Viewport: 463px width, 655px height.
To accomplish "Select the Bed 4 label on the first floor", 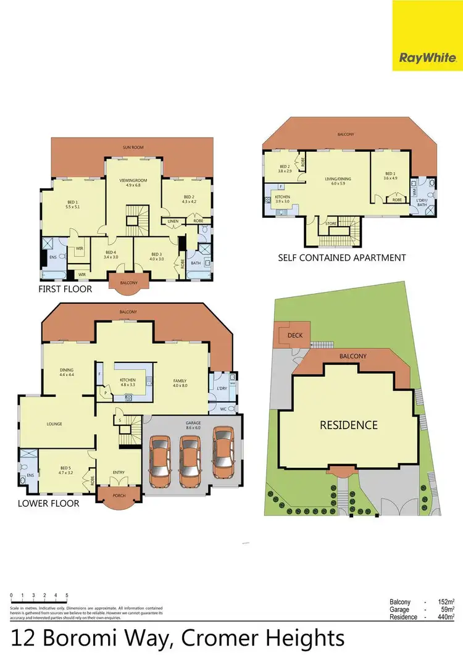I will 111,252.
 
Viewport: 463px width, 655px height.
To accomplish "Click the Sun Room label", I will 134,148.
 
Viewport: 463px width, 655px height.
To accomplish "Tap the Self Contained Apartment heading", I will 341,257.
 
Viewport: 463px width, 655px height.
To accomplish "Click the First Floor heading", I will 65,288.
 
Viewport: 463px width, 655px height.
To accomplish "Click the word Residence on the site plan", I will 348,425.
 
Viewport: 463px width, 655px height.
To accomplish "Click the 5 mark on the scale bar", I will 67,596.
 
